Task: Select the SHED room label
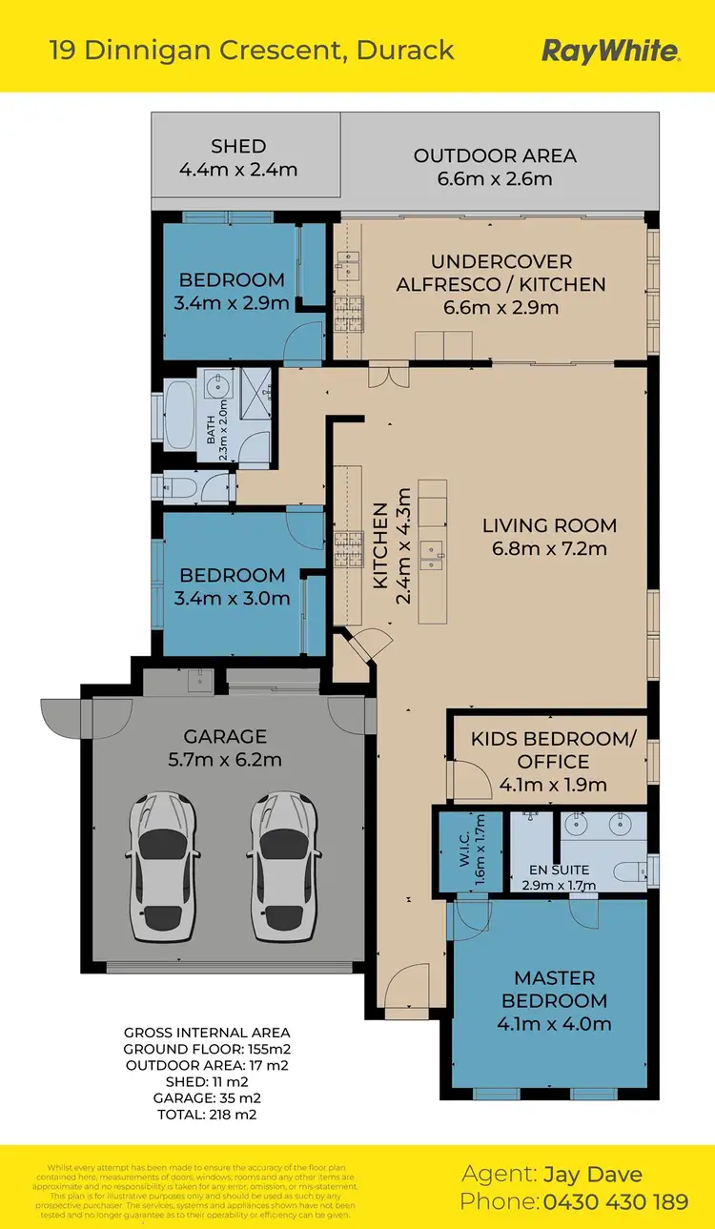(238, 147)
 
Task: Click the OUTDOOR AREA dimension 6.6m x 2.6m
(495, 179)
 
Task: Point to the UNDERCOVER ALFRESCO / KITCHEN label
(500, 273)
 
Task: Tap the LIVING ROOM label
(549, 525)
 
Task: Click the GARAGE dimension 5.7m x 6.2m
(226, 760)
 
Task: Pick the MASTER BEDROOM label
(554, 989)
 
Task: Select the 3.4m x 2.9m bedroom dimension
(233, 303)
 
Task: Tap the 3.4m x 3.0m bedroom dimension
(233, 599)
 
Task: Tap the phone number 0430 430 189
(616, 1202)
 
